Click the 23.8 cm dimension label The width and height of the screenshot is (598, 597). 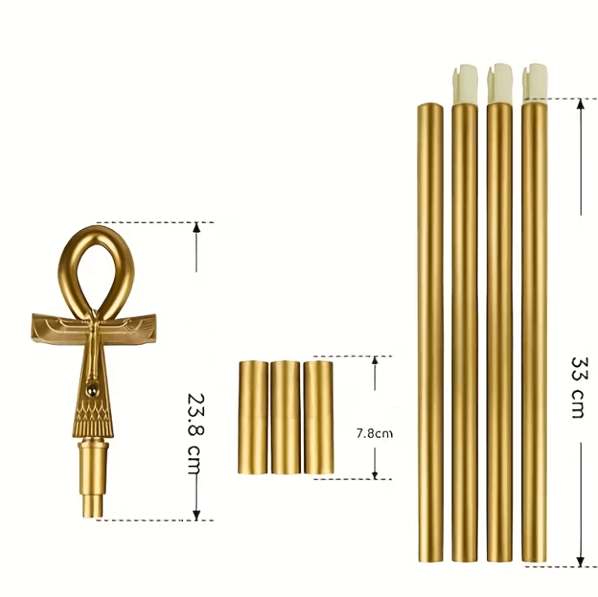point(197,435)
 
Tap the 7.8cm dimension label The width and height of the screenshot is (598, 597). point(374,434)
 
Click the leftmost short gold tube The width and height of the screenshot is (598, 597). point(253,418)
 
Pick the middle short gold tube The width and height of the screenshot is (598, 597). point(285,417)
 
